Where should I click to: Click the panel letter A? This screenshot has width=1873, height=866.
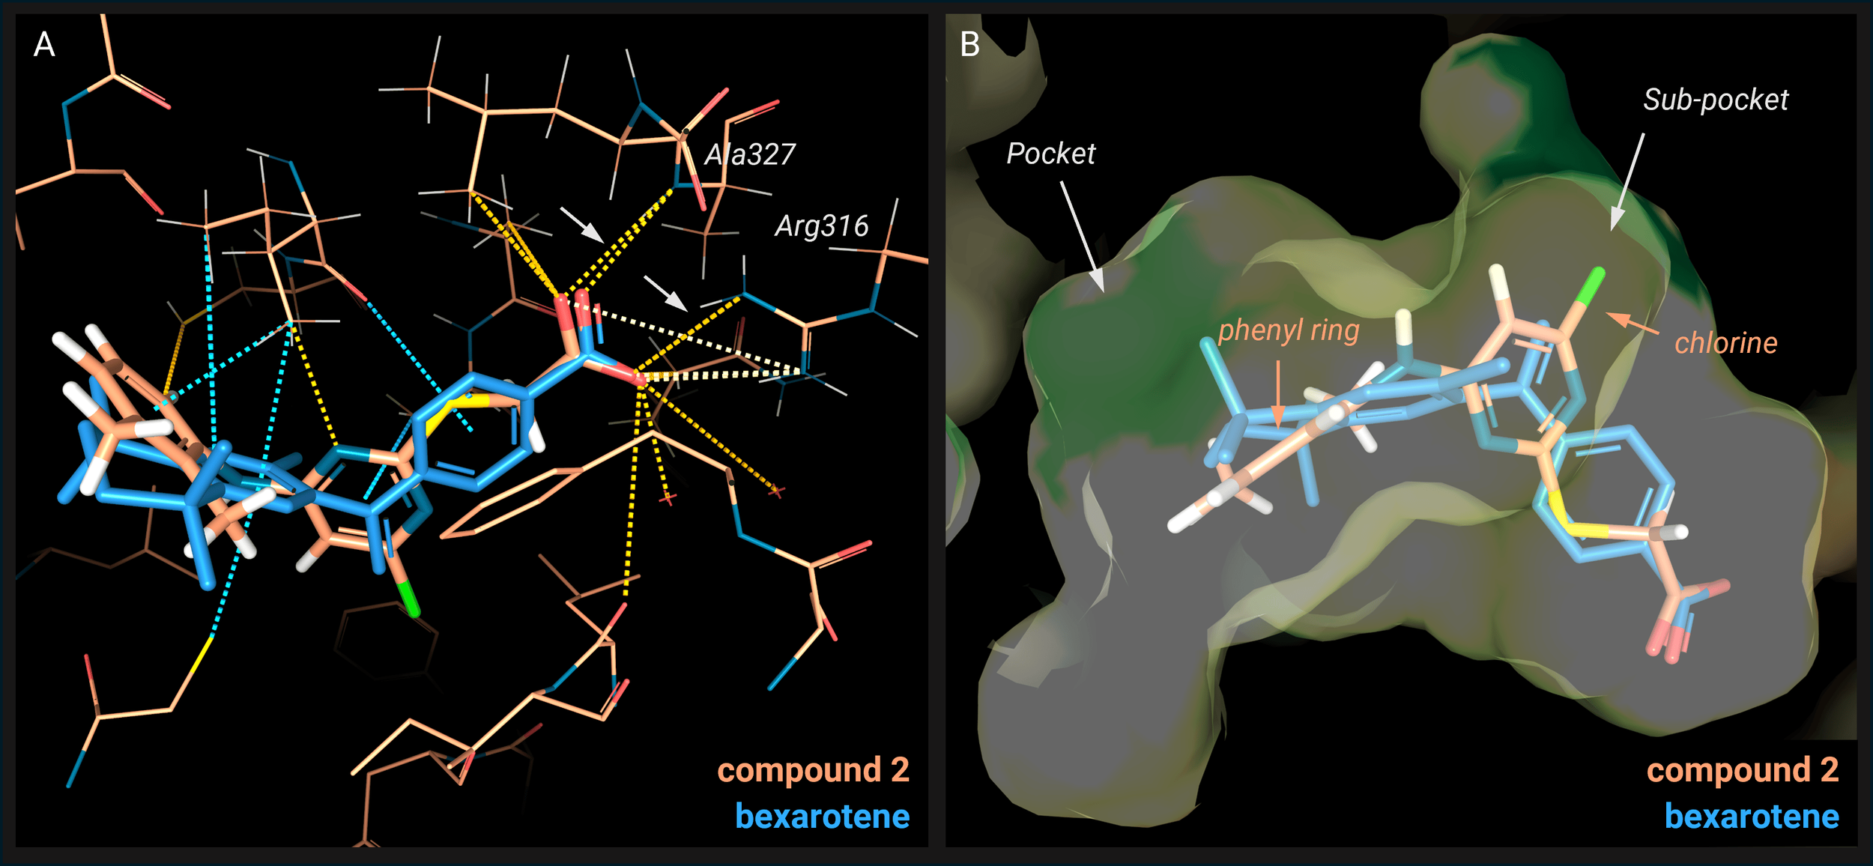click(x=44, y=45)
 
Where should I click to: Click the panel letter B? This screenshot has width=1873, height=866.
click(x=969, y=45)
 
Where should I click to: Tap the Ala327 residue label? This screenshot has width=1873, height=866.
click(x=750, y=155)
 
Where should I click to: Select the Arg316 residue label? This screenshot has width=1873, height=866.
click(x=822, y=226)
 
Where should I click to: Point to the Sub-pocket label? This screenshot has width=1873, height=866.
click(x=1716, y=100)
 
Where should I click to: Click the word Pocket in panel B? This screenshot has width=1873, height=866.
click(x=1050, y=154)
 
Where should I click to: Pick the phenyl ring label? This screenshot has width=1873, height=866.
click(x=1289, y=330)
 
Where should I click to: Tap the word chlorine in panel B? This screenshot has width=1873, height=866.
click(x=1725, y=343)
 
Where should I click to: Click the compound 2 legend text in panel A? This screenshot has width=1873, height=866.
click(x=813, y=770)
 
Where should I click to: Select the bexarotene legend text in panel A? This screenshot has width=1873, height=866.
click(x=822, y=817)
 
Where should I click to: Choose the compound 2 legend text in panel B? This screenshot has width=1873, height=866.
click(x=1743, y=770)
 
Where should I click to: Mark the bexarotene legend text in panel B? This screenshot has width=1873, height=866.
click(x=1752, y=817)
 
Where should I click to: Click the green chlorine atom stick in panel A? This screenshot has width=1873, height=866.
click(x=409, y=599)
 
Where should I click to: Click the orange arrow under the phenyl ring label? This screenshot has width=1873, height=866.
click(x=1278, y=394)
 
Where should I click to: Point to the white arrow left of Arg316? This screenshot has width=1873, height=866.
click(x=665, y=293)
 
